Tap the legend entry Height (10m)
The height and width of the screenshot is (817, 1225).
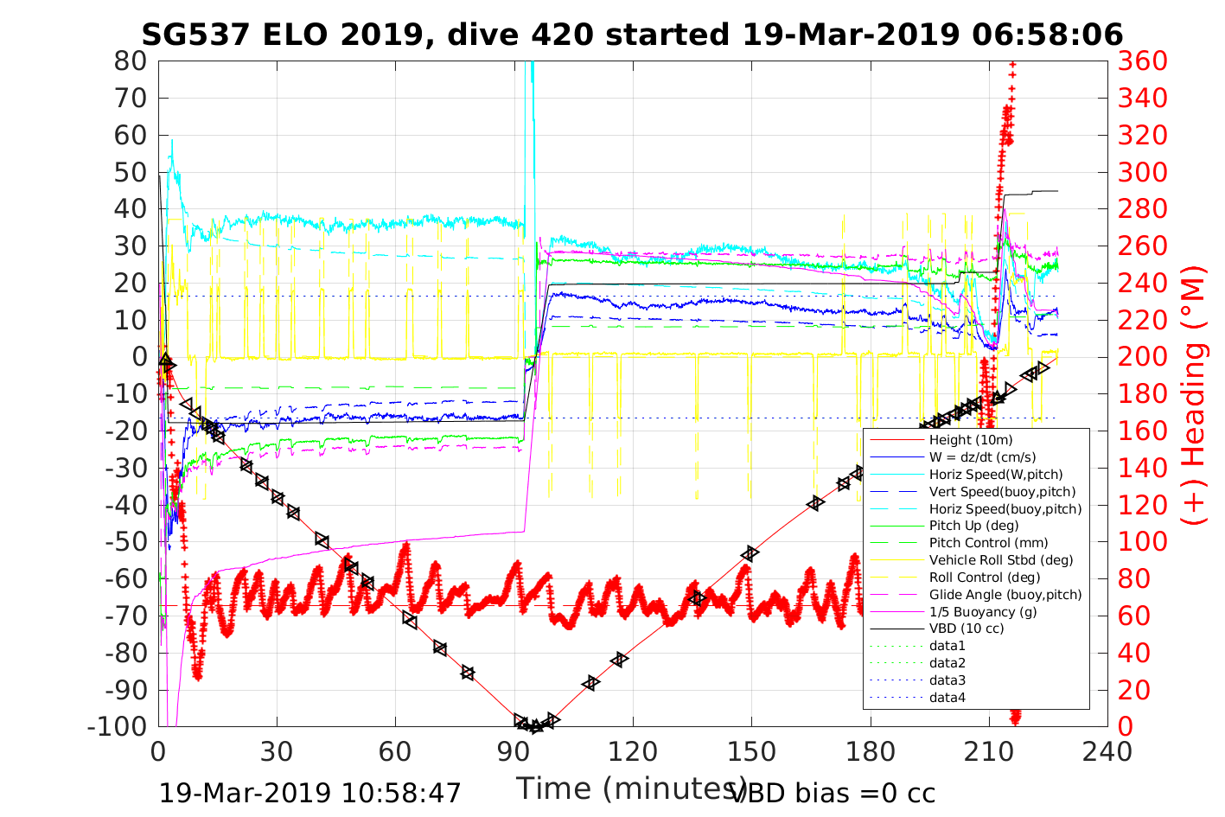970,441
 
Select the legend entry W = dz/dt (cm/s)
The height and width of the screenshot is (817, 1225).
982,457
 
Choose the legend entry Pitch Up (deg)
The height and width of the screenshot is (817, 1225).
973,526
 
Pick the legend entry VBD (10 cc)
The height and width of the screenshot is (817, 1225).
967,629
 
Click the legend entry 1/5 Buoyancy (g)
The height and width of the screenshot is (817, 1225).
983,612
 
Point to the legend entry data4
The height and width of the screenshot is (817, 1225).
947,698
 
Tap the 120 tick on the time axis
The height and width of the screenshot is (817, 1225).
633,751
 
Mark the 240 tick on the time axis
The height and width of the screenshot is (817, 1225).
1107,751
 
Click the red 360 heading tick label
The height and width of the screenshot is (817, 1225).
1143,61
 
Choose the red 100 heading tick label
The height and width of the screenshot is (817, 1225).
1143,542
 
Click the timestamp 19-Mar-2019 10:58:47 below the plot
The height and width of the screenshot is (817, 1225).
310,793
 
